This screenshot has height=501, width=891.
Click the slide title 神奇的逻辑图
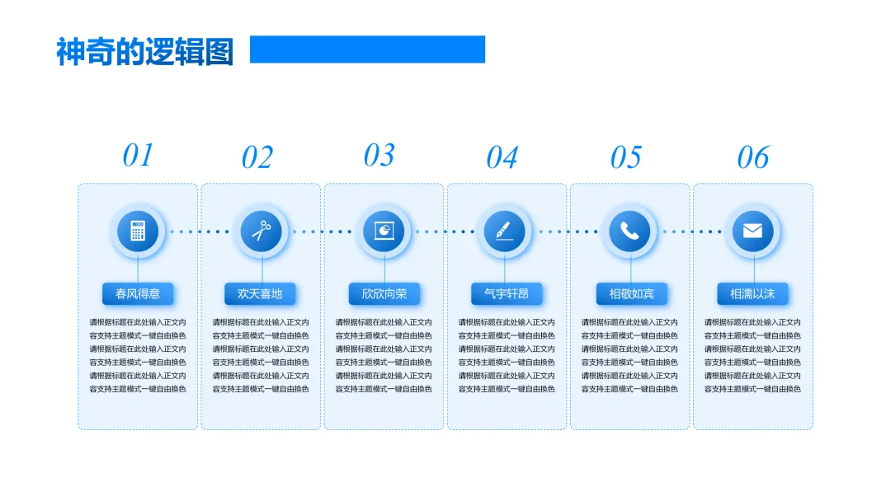click(x=144, y=51)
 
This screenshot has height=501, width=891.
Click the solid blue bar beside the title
click(x=367, y=49)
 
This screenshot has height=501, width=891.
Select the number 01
click(x=138, y=155)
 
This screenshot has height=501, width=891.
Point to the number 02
click(x=257, y=157)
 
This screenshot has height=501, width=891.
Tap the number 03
click(x=379, y=155)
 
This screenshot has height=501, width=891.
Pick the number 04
click(x=502, y=157)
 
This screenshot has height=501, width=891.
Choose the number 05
click(x=625, y=157)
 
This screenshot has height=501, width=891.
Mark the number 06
click(x=752, y=157)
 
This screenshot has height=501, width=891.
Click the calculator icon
click(x=138, y=231)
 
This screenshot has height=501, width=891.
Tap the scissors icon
click(x=262, y=231)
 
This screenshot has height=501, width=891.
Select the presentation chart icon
click(x=384, y=231)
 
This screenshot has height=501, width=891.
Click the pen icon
click(x=505, y=231)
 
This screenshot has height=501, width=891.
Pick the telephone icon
click(x=630, y=231)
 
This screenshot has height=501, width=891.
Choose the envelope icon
click(x=752, y=231)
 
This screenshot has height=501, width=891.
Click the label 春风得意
click(x=138, y=293)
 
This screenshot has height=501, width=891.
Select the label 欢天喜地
click(x=260, y=293)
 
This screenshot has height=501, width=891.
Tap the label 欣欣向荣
click(x=384, y=293)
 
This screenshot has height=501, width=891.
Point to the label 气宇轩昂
click(x=507, y=293)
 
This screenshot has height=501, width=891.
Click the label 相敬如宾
click(x=631, y=293)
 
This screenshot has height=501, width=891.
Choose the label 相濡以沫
click(x=752, y=293)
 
